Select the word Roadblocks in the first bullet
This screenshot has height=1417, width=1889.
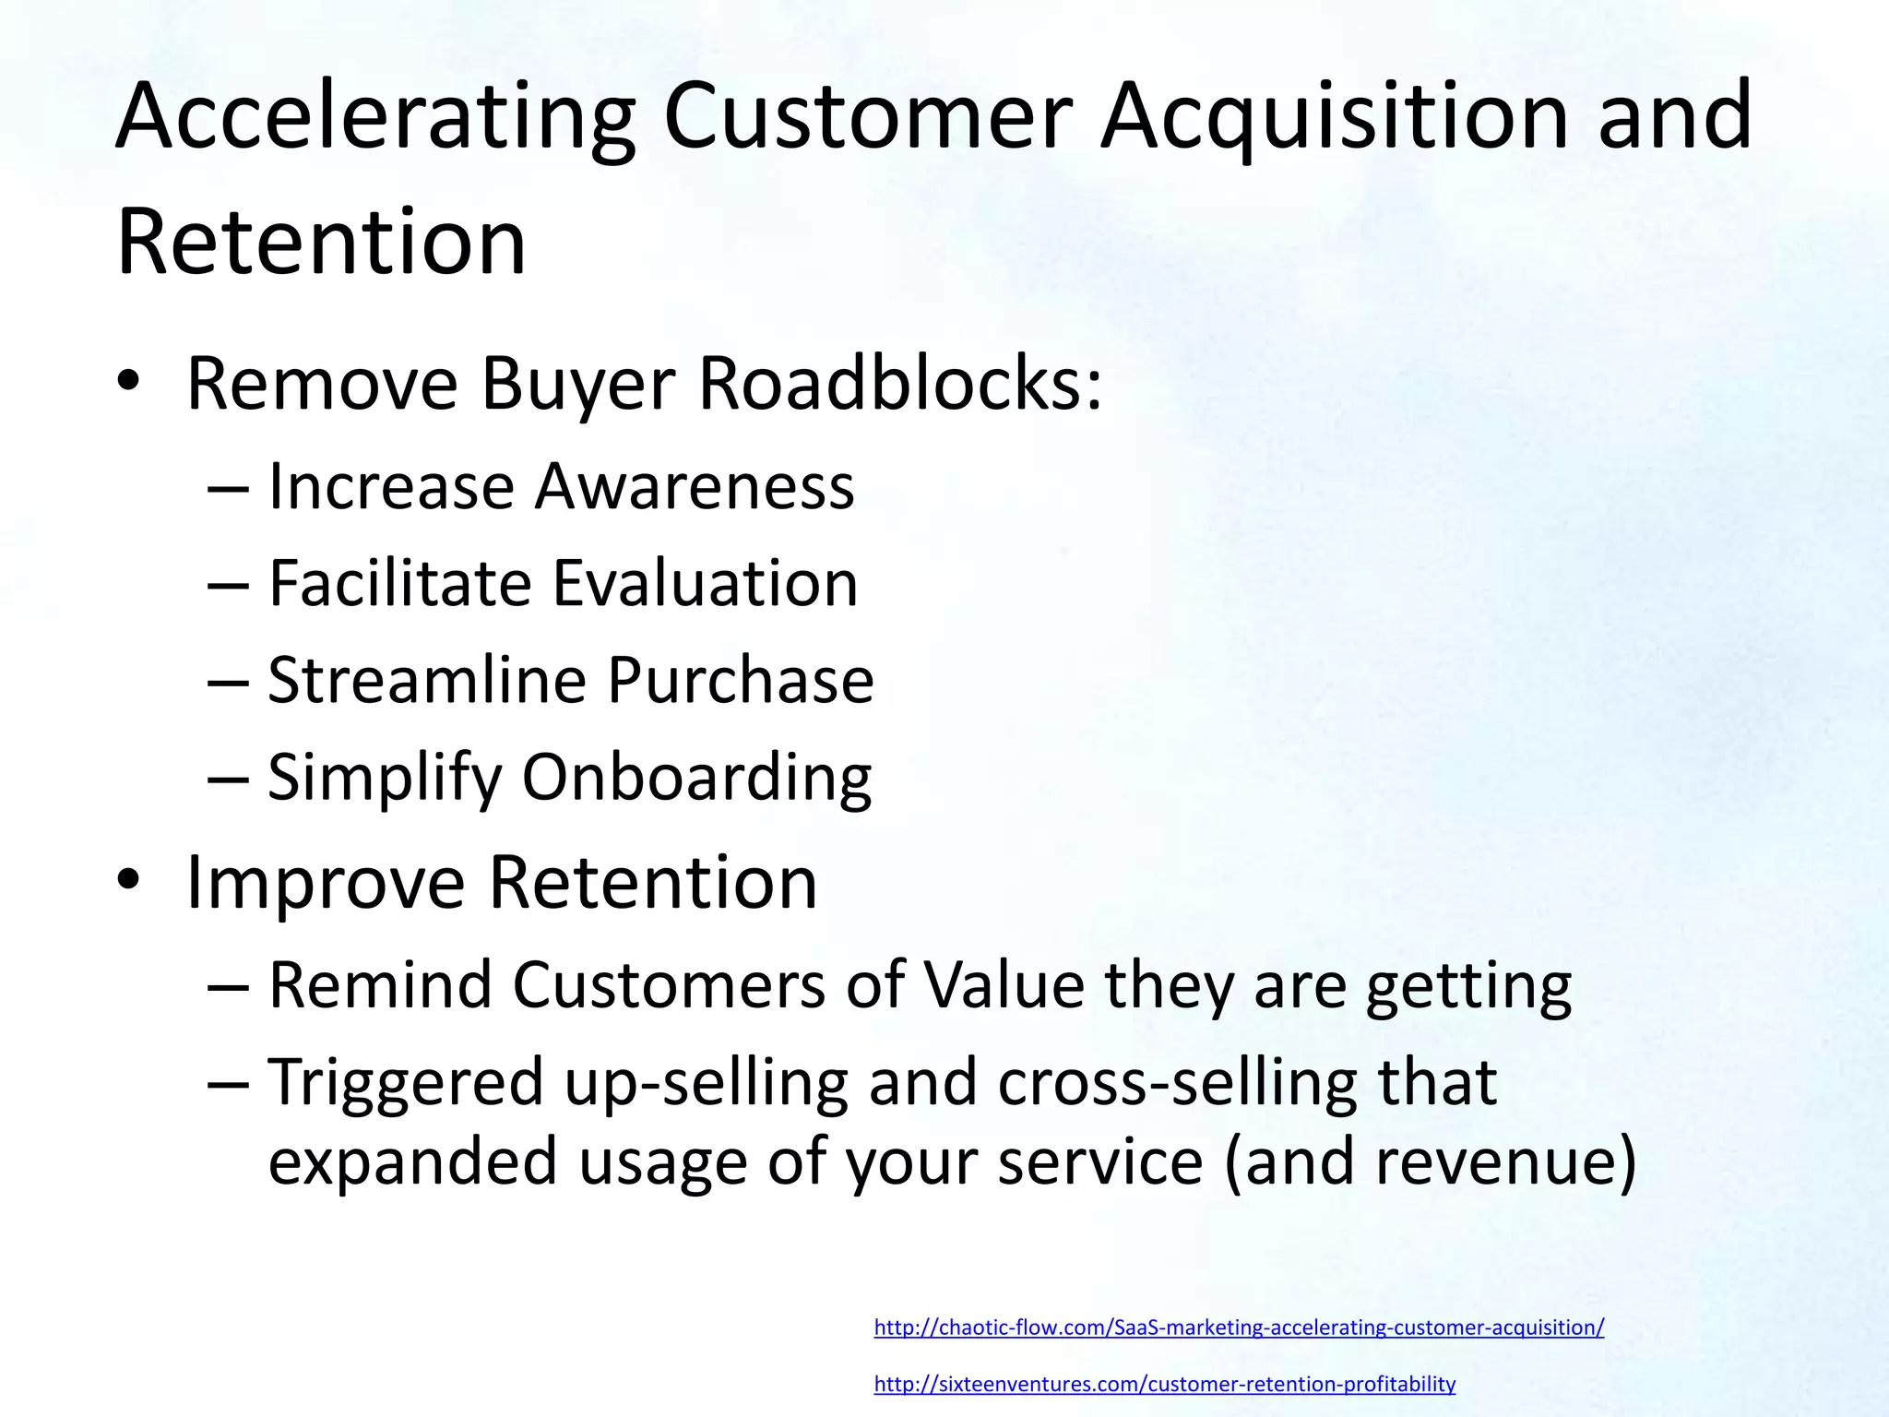[x=899, y=383]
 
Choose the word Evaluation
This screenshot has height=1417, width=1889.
[x=705, y=583]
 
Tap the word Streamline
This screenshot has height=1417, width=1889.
[x=427, y=680]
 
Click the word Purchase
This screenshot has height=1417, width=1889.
[x=740, y=680]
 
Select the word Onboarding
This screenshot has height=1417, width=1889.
[x=696, y=778]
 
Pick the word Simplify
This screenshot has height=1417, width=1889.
[x=384, y=778]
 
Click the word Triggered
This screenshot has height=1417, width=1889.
[x=406, y=1082]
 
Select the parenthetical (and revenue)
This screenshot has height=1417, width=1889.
[x=1430, y=1161]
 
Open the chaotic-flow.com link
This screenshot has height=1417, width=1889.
[x=1239, y=1328]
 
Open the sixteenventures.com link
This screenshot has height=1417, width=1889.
[x=1164, y=1384]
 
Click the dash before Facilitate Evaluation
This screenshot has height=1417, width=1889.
[x=228, y=584]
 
